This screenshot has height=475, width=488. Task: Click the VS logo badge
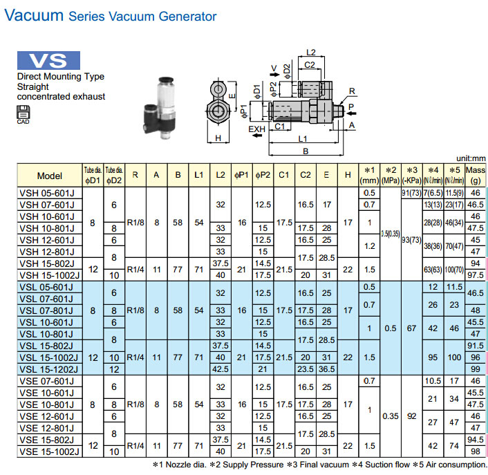[48, 60]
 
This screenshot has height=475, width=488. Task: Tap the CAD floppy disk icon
[24, 113]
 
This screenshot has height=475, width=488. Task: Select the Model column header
[50, 175]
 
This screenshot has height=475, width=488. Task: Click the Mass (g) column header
[476, 175]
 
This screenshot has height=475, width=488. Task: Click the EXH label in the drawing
[256, 129]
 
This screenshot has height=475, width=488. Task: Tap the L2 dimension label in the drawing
[311, 53]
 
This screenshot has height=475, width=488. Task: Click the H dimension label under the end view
[218, 139]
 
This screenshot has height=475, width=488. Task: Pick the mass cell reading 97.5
[476, 275]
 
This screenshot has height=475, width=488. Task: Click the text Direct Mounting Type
[60, 77]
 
